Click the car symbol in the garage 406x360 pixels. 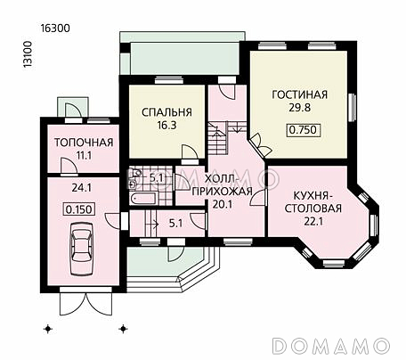tap(81, 249)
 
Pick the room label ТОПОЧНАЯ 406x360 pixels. tap(83, 143)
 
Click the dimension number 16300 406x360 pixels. tap(55, 28)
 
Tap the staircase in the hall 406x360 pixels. tap(219, 138)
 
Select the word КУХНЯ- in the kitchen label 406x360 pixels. tap(312, 193)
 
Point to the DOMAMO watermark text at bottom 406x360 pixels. tap(331, 345)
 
